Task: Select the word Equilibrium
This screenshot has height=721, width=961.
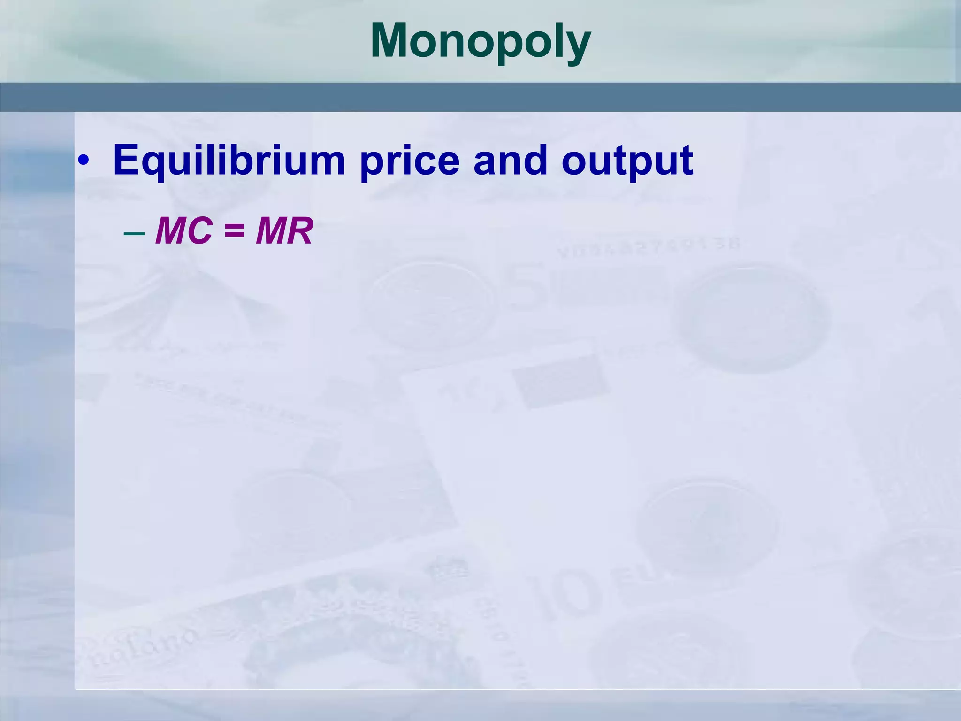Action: point(229,160)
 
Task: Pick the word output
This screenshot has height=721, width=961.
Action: point(627,160)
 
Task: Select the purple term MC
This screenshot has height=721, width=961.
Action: point(183,231)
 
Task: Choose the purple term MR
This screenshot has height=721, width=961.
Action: point(284,231)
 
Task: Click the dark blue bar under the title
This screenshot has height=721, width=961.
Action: point(480,97)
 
